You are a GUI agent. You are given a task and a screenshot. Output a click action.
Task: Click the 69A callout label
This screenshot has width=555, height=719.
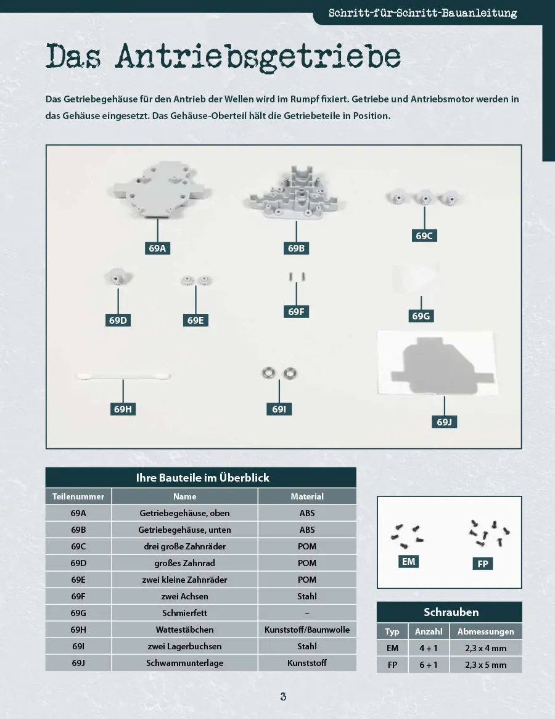157,248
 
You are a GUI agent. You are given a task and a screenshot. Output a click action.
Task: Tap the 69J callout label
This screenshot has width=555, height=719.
444,422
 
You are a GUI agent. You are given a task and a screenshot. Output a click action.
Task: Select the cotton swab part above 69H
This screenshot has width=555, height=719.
123,377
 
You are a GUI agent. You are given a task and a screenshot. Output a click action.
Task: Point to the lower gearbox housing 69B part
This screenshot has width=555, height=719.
294,194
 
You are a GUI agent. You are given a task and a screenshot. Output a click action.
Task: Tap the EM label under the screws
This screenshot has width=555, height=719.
408,562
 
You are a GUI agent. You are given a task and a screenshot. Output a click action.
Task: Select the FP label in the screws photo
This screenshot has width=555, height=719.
482,564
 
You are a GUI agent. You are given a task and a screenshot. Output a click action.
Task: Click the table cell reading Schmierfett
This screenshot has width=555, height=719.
184,613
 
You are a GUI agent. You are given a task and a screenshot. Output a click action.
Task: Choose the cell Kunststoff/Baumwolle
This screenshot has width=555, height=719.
307,630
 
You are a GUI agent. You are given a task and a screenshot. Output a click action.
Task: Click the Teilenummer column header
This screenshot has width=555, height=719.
78,496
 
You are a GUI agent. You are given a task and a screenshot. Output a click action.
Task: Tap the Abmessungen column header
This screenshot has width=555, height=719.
486,631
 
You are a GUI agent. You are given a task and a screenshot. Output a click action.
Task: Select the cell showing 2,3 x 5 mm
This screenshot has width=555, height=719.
486,665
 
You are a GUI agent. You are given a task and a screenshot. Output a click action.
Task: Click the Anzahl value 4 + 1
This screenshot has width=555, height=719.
429,648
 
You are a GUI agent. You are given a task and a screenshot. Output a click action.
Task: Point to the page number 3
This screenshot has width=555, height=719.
283,697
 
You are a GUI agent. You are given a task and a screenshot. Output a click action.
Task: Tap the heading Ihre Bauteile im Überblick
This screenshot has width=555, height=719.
202,477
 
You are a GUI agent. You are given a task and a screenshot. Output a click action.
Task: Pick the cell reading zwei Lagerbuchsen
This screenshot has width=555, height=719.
184,646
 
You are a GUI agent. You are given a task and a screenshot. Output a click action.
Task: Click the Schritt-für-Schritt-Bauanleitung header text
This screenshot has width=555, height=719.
423,13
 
